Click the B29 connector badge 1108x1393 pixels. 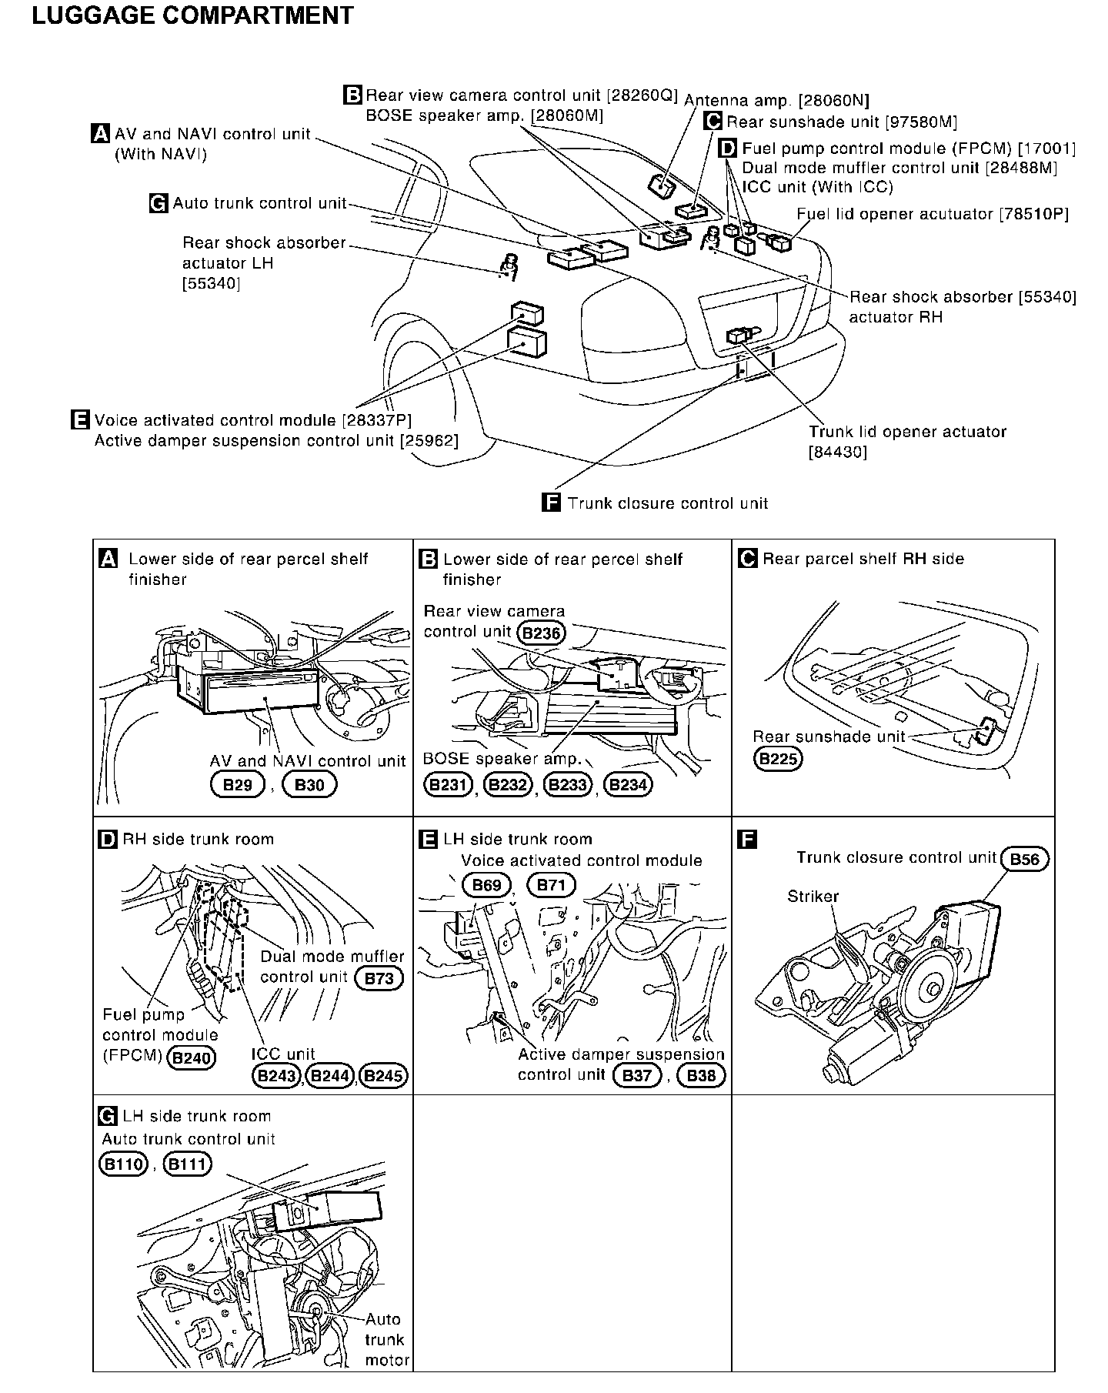coord(238,785)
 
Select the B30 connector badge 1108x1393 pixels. coord(309,785)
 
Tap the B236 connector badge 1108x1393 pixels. coord(541,633)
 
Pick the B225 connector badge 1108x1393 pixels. coord(777,759)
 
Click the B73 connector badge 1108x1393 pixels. coord(379,978)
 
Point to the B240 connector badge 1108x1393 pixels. coord(192,1057)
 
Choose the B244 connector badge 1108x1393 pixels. coord(330,1076)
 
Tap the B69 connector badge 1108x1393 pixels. coord(486,885)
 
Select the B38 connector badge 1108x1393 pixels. coord(701,1076)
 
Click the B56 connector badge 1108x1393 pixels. coord(1024,860)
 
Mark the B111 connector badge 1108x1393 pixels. coord(188,1164)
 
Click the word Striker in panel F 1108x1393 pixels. coord(813,897)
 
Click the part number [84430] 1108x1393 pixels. coord(837,453)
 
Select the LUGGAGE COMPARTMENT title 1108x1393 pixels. coord(192,15)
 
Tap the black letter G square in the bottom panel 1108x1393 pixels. coord(108,1117)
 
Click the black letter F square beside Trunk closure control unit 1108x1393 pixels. coord(551,503)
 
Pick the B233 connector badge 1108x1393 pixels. coord(567,785)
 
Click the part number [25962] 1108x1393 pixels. coord(429,441)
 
